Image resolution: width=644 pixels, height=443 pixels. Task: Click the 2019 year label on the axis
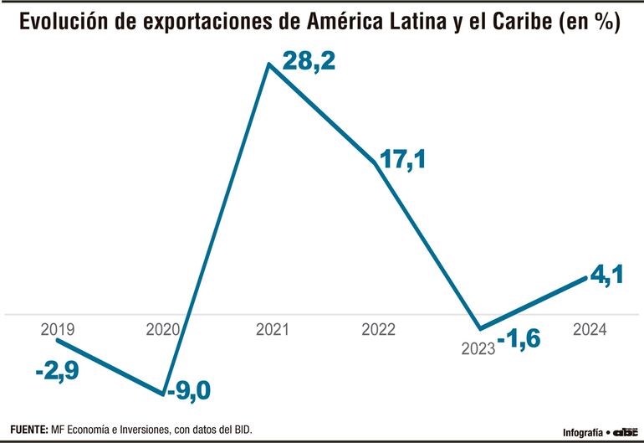(56, 329)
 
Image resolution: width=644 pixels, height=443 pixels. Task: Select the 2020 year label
(163, 329)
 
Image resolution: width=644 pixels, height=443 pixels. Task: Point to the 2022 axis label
(378, 329)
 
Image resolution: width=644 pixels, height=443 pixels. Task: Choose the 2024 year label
(590, 329)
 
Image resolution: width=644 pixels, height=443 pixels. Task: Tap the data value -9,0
(189, 391)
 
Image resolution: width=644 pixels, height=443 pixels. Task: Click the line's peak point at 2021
(268, 63)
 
